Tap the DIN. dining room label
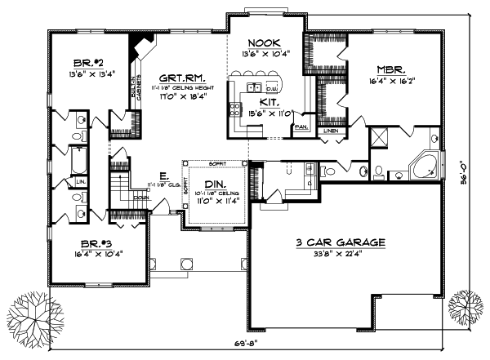coord(216,186)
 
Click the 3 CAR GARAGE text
coord(341,242)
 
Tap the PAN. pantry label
coord(300,127)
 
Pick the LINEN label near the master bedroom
coord(330,131)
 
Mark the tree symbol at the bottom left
coord(29,314)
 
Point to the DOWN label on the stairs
coord(140,197)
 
